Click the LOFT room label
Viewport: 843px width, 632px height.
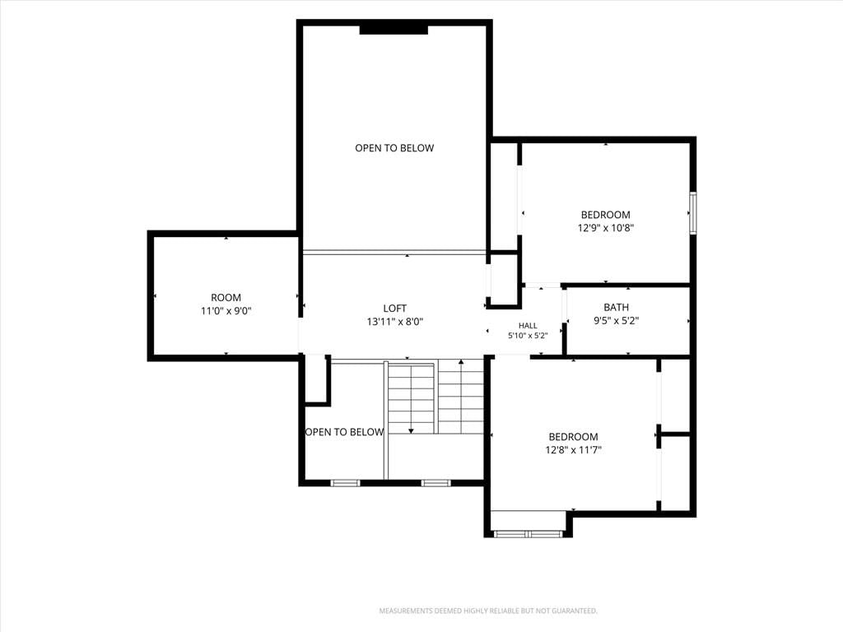point(394,308)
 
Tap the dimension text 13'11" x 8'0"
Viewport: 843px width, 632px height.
point(394,322)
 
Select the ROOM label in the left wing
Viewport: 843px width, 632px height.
point(226,297)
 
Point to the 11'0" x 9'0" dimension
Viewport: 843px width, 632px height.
point(226,310)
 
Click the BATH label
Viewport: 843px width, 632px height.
point(616,308)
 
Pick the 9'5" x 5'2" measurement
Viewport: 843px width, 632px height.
point(616,321)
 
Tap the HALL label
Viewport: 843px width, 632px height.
point(528,325)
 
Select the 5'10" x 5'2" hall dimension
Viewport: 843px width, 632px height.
point(528,336)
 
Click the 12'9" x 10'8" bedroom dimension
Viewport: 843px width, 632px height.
point(606,228)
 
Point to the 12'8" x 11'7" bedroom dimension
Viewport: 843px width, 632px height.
point(573,450)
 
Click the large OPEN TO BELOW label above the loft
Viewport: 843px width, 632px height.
point(394,148)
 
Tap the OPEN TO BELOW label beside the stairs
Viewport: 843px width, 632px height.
point(344,432)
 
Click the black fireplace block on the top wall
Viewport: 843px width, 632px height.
point(394,29)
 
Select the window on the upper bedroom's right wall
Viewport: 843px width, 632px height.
point(693,213)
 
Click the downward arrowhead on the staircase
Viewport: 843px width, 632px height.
point(412,430)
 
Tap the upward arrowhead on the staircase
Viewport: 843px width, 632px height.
point(461,363)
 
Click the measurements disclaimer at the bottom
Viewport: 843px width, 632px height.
point(488,611)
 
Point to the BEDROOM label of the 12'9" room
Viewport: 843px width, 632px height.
point(606,215)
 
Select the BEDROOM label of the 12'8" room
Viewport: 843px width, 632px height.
point(573,437)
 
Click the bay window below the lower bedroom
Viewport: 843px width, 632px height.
point(528,533)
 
